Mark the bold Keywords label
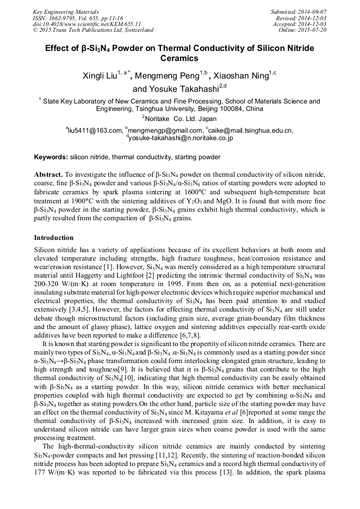point(51,157)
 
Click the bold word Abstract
point(48,174)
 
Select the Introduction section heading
point(54,237)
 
